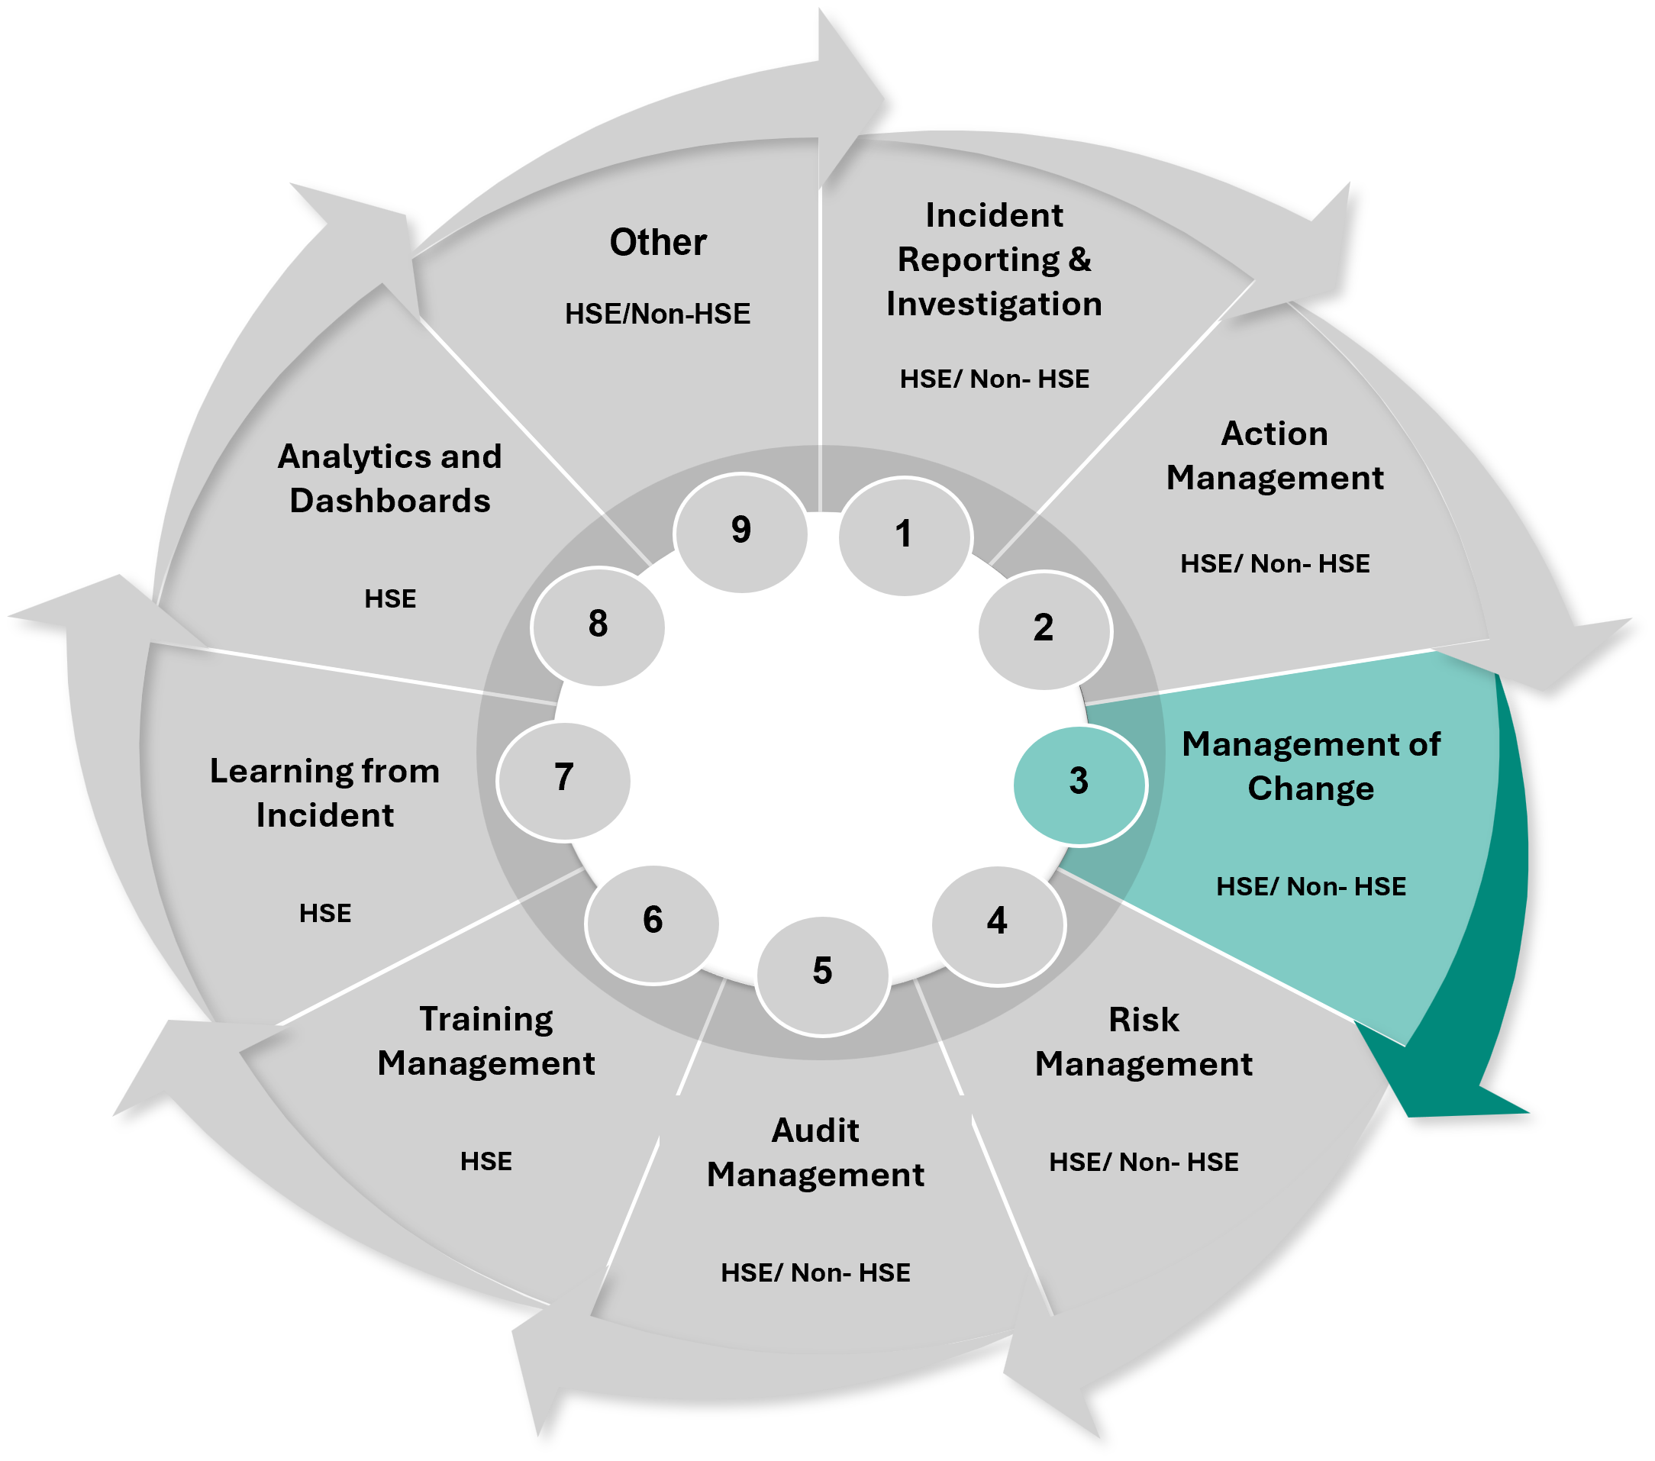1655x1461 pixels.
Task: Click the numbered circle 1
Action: coord(905,536)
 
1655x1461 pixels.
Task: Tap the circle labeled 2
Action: coord(1044,630)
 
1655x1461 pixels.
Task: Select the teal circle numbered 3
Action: coord(1079,783)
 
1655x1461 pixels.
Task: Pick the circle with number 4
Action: coord(998,923)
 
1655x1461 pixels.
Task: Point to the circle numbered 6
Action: coord(653,922)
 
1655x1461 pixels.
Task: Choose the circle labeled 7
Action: coord(563,779)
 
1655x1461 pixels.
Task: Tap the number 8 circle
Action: coord(598,626)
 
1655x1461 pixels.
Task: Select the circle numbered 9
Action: coord(741,532)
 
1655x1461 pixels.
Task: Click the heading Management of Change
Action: coord(1311,766)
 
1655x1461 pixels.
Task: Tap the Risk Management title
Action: coord(1144,1042)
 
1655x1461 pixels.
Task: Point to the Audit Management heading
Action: coord(815,1153)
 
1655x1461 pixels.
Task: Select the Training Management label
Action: coord(486,1041)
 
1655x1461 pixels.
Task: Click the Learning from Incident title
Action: coord(324,792)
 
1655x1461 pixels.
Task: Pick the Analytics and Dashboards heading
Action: coord(389,479)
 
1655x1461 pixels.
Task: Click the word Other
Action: coord(657,242)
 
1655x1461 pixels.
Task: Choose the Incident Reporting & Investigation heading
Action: coord(994,260)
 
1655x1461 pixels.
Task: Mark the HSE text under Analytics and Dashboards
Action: coord(390,599)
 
